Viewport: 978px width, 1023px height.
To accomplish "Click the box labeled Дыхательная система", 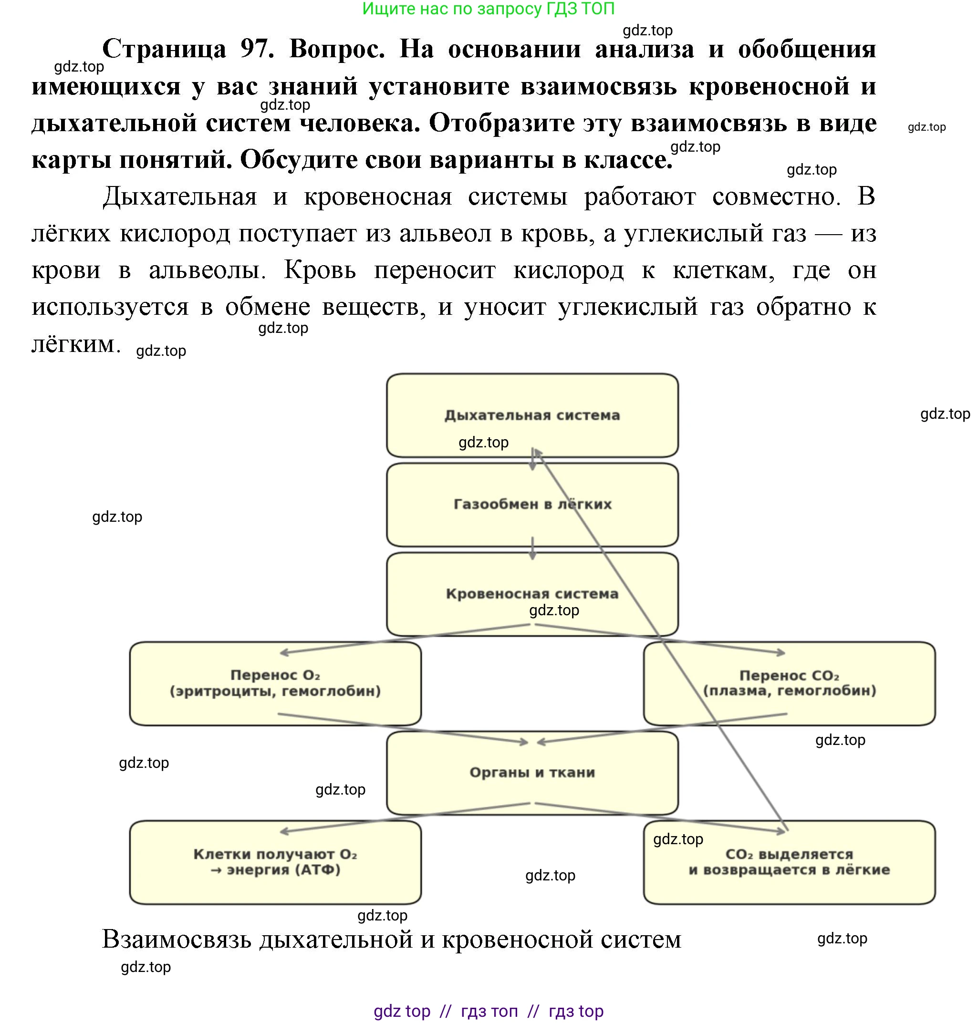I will [532, 415].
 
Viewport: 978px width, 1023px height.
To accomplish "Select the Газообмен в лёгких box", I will [532, 505].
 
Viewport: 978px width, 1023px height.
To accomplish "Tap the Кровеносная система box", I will [532, 594].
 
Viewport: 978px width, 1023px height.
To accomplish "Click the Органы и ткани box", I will [532, 773].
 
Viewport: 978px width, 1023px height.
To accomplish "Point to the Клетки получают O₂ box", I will [275, 862].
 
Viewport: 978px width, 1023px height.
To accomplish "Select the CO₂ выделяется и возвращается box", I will [789, 862].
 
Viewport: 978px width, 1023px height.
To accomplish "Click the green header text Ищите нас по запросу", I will [488, 9].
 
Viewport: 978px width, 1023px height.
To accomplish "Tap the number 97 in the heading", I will [257, 49].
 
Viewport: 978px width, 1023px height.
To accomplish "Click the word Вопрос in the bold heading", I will [337, 49].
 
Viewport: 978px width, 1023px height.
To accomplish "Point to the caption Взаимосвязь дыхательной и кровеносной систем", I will [391, 940].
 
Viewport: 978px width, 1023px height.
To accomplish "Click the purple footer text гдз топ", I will [489, 1011].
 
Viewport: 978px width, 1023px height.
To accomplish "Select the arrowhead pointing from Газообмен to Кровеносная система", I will [532, 557].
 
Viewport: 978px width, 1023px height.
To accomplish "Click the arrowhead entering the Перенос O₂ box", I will [284, 653].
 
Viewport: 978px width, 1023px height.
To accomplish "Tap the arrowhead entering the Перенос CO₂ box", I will [781, 652].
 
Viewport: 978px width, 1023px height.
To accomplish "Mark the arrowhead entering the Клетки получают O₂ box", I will [284, 832].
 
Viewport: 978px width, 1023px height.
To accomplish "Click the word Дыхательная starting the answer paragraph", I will [180, 197].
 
